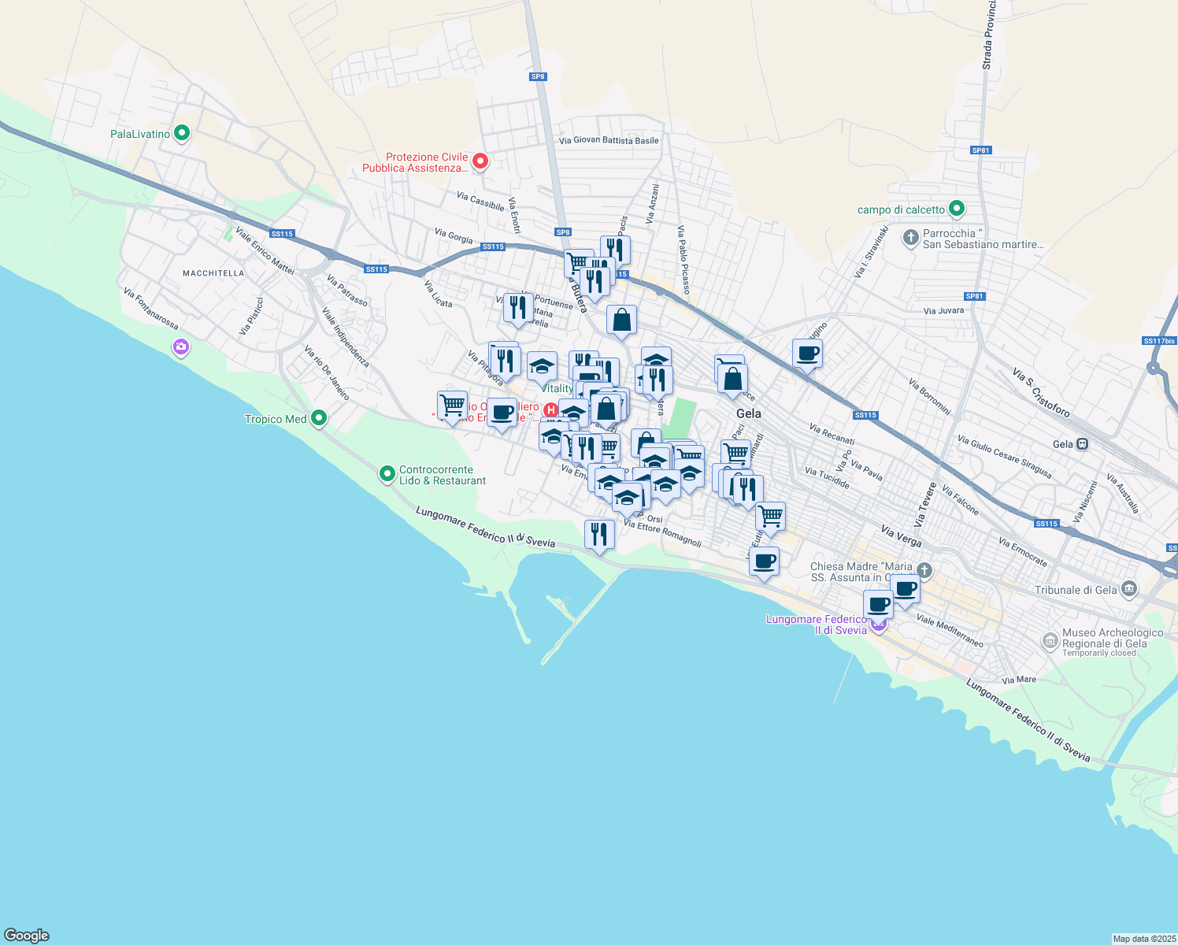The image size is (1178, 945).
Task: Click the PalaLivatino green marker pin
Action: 182,133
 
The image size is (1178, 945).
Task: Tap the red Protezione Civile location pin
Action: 480,161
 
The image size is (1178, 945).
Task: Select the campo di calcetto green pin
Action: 957,209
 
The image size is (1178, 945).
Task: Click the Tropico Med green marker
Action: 319,418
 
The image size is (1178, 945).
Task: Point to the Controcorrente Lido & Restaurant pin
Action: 387,474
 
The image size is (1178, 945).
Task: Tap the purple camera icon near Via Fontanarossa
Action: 181,346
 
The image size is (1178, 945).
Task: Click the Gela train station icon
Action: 1083,444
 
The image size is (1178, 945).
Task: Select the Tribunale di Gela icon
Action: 1129,589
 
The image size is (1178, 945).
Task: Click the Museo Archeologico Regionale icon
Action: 1050,641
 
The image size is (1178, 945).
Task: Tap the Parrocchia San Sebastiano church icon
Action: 911,237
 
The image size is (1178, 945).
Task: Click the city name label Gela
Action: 748,413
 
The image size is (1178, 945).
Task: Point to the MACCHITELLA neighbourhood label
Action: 213,273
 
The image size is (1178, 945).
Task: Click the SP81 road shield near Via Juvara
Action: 975,296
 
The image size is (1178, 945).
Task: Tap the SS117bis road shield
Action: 1158,341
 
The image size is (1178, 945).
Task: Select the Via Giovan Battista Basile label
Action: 609,141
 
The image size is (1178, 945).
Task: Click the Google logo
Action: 27,936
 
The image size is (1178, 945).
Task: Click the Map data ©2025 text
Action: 1143,939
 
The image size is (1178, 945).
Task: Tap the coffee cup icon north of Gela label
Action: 807,354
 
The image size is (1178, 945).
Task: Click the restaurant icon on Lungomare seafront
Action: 599,535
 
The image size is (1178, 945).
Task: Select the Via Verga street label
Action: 902,536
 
